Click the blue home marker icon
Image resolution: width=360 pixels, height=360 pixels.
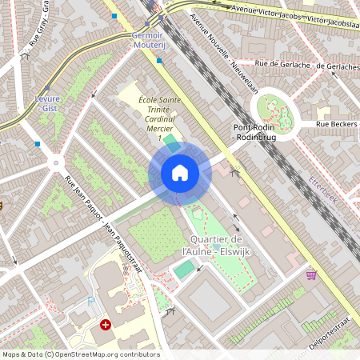coord(179,173)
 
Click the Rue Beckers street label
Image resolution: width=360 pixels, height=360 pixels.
coord(336,124)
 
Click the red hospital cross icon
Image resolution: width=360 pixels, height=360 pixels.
coord(106,325)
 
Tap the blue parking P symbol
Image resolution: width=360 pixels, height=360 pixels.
coord(90,302)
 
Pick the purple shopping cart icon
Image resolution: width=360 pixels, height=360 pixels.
coord(311,274)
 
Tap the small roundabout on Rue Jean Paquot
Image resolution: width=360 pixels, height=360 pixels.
coord(55,163)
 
